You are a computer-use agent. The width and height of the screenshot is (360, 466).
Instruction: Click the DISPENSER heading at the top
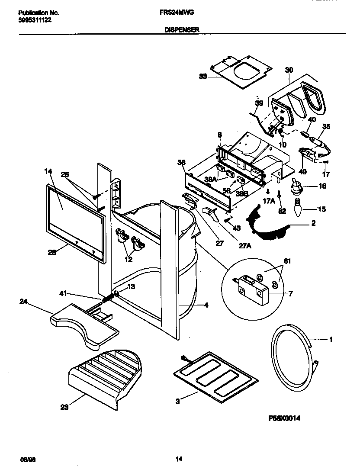[182, 30]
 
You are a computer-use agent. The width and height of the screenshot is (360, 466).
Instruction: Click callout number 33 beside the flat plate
[203, 77]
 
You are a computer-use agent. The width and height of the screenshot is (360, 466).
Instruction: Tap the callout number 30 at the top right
[289, 69]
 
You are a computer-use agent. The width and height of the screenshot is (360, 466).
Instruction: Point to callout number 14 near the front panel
[48, 171]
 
